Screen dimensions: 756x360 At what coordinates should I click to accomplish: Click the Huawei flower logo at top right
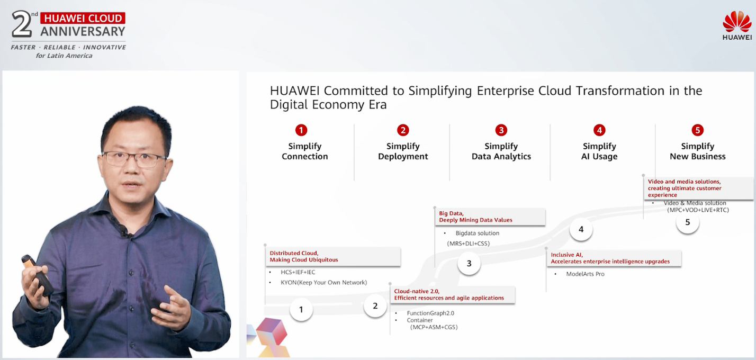pos(737,22)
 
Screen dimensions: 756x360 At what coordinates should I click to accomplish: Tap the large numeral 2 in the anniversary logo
pos(22,24)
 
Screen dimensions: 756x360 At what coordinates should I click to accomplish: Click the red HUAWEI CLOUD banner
pos(83,18)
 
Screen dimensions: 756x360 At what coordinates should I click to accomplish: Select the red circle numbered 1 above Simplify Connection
pos(301,130)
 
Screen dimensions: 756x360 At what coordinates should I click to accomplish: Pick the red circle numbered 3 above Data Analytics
pos(501,130)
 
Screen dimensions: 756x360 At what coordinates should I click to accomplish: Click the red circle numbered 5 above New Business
pos(698,130)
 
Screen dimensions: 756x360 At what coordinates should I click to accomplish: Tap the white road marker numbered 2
pos(375,305)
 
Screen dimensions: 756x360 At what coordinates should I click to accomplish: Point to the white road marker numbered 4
pos(581,229)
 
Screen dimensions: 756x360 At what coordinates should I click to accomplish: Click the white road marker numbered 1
pos(301,309)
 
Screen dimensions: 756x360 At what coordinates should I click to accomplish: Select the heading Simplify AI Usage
pos(599,151)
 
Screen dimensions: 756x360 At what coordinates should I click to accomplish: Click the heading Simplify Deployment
pos(403,151)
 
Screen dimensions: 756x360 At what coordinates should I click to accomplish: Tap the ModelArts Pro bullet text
pos(585,274)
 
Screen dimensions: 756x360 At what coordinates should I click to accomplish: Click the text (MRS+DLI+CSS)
pos(468,243)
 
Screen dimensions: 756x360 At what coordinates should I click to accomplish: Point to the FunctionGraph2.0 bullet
pos(430,313)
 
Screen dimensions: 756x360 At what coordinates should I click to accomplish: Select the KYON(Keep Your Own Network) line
pos(323,282)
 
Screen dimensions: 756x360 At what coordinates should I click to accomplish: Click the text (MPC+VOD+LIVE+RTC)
pos(698,210)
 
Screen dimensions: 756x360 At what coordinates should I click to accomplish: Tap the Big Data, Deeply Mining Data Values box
pos(490,217)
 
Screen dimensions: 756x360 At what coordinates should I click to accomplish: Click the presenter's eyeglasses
pos(135,159)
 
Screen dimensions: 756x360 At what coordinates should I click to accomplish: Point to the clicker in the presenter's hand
pos(37,275)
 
